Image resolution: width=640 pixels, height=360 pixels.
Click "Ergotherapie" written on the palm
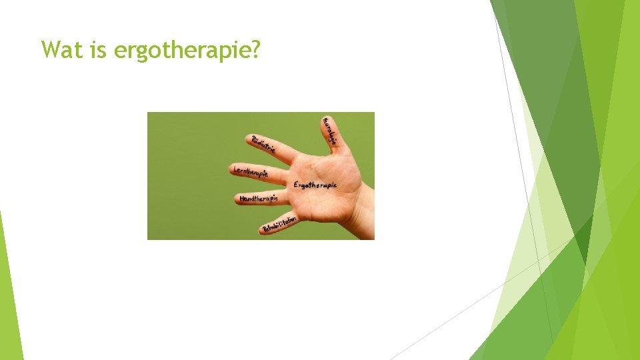pos(315,184)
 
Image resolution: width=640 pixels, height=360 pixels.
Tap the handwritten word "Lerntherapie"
pos(251,172)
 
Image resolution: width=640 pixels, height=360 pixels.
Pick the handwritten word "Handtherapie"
pos(259,198)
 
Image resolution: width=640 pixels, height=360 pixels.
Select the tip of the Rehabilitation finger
pos(263,229)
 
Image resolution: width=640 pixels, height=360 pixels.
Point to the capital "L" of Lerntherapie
pos(235,170)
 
